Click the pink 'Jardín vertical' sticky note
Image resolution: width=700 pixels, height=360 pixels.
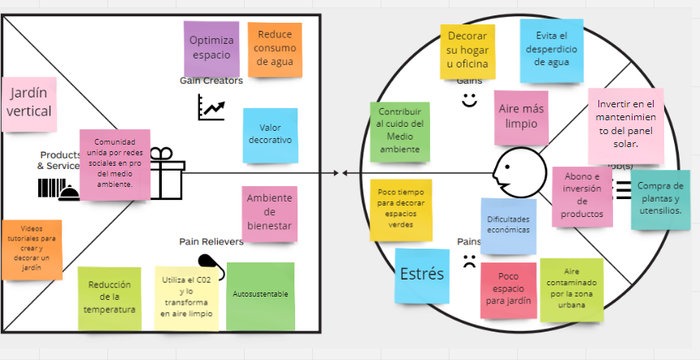30,103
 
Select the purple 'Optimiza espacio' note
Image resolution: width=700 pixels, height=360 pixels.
211,47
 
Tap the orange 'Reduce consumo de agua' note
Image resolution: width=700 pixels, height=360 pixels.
275,49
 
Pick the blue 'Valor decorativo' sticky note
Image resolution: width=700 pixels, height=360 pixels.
270,135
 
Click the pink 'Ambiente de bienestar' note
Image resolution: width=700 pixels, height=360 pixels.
269,213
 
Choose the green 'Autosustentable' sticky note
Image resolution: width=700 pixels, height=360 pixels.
260,294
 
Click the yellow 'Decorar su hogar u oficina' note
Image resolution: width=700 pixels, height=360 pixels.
467,50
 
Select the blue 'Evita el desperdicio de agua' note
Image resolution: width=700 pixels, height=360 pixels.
550,50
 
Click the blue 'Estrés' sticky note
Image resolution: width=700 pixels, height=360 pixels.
422,274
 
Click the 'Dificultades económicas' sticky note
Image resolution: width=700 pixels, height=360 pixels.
508,225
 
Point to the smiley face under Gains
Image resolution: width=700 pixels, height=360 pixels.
469,99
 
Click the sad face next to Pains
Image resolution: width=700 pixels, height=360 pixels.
469,262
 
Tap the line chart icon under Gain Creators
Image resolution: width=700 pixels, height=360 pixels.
211,107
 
